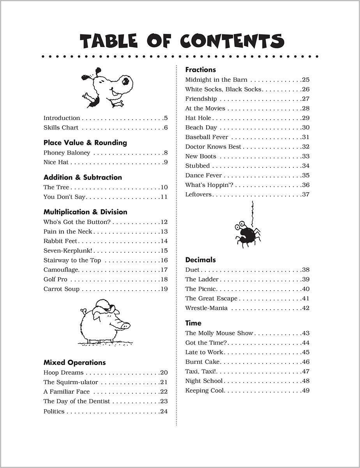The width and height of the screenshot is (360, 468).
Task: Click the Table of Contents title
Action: click(x=182, y=41)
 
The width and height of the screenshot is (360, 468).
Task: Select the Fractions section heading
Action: click(x=200, y=70)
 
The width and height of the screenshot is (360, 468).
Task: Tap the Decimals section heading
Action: click(x=200, y=260)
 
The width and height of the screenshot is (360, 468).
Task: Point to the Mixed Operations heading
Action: click(x=74, y=363)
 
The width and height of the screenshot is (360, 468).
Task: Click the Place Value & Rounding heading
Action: click(x=85, y=143)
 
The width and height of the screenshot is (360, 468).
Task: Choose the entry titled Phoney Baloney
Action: click(x=67, y=153)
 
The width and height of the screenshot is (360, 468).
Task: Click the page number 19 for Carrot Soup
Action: click(x=164, y=289)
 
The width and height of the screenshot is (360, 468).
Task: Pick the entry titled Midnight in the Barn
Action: click(x=216, y=80)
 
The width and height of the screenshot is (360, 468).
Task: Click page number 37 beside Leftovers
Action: click(x=306, y=195)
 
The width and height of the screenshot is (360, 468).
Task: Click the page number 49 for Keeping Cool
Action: click(x=306, y=391)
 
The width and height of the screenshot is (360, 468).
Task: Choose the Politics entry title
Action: click(x=54, y=411)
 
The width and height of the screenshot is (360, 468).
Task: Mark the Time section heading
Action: click(x=193, y=323)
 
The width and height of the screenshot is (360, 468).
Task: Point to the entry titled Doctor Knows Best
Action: click(x=213, y=147)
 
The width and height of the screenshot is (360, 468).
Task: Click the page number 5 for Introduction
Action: click(x=166, y=118)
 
